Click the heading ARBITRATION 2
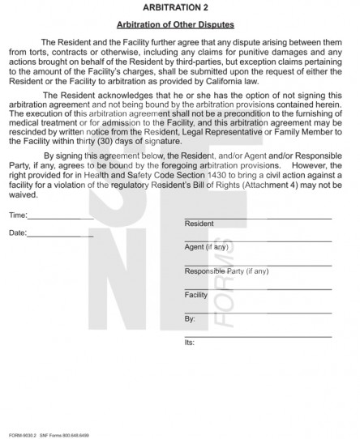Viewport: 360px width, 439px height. click(179, 6)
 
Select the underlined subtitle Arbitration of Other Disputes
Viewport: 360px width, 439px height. click(179, 25)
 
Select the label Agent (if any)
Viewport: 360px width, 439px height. click(207, 246)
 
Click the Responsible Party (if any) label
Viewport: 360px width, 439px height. click(226, 271)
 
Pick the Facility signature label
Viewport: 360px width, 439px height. click(196, 295)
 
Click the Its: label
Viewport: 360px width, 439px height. click(190, 343)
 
